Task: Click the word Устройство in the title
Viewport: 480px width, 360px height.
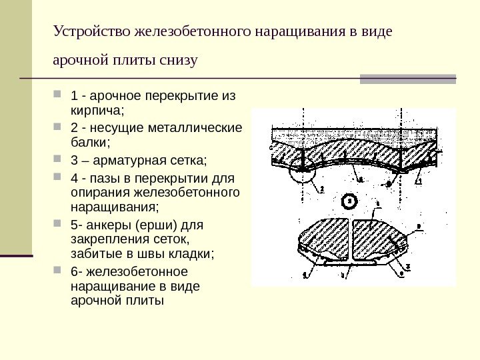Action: click(x=92, y=32)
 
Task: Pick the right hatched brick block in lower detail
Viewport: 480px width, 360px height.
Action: click(x=377, y=239)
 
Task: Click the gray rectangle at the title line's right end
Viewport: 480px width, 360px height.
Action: click(x=408, y=79)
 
